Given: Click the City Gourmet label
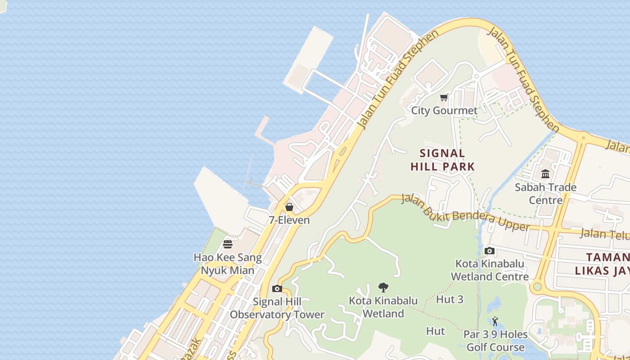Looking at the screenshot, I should pos(444,110).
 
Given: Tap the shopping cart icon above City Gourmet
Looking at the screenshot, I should pos(444,97).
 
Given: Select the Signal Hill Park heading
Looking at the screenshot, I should pos(443,160).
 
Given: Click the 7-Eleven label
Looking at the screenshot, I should pos(289,220).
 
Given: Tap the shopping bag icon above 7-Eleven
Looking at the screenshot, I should pos(289,207).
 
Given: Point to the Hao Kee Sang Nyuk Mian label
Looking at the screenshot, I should pos(228,264).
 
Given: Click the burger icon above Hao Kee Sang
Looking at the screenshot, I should pos(228,244).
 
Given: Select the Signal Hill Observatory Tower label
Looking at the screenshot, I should pos(277,308).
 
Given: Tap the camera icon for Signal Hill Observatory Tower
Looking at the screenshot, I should pos(277,288).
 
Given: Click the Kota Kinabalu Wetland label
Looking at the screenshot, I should pos(383,307).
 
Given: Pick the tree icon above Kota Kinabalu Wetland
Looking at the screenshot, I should pos(383,287).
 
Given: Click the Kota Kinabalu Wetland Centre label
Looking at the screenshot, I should pos(490,270).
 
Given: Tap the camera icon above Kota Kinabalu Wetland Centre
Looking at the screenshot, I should pos(490,251).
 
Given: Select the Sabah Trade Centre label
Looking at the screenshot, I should pos(545,193).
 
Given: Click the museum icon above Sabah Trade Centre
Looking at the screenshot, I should pos(545,174).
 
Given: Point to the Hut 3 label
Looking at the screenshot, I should pos(450,299).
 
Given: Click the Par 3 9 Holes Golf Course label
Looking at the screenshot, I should pos(495,341).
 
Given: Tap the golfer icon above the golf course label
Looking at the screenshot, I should pos(495,321).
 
